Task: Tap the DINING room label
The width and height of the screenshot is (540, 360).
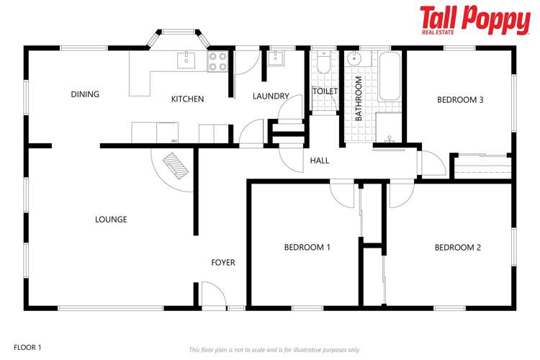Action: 85,94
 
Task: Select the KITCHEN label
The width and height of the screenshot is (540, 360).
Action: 187,99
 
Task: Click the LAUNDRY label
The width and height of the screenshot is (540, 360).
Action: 271,96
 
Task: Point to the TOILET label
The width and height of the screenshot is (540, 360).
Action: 325,91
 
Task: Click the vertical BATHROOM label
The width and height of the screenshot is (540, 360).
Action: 357,98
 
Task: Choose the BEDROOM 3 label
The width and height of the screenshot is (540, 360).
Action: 460,100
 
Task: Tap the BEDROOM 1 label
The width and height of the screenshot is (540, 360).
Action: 307,247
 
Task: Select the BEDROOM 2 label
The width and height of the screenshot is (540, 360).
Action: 457,247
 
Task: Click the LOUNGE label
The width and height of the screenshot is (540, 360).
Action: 111,220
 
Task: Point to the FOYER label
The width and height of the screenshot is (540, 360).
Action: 223,263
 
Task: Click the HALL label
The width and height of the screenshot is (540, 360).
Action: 320,161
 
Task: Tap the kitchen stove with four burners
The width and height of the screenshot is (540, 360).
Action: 217,62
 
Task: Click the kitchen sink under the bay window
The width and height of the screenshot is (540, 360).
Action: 186,58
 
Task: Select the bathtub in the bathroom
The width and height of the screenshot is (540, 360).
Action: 390,76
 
